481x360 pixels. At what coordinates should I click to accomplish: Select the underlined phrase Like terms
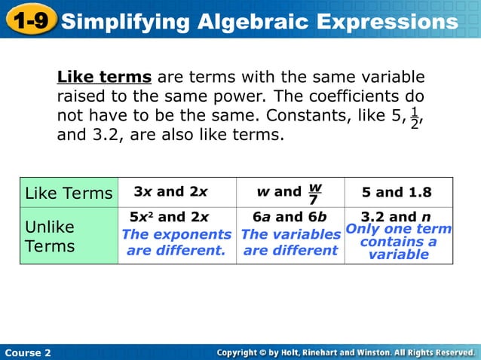click(x=106, y=78)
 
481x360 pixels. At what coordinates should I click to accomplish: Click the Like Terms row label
click(x=69, y=193)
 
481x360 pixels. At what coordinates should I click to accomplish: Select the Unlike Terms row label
click(x=50, y=236)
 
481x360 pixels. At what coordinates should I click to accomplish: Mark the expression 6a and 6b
click(x=290, y=218)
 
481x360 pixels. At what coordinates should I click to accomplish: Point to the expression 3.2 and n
click(x=396, y=217)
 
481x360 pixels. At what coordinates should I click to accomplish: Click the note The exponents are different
click(x=176, y=243)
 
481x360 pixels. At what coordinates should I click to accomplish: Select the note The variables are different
click(x=290, y=243)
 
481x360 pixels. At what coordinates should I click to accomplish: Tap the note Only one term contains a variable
click(x=399, y=242)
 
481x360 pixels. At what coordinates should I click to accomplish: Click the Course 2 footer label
click(x=28, y=352)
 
